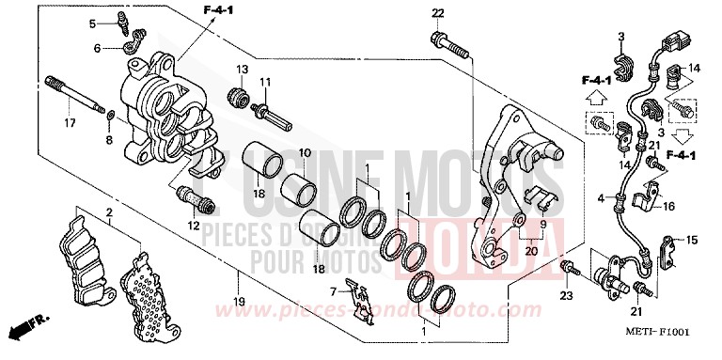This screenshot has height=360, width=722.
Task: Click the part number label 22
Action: pos(437,12)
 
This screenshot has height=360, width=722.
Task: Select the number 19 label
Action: pos(239,302)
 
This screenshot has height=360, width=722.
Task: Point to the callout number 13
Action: pos(241,70)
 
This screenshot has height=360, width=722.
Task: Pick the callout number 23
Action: pos(566,297)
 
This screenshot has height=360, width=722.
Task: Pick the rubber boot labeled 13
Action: pos(240,96)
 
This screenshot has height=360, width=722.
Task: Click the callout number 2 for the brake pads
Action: pos(109,213)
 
